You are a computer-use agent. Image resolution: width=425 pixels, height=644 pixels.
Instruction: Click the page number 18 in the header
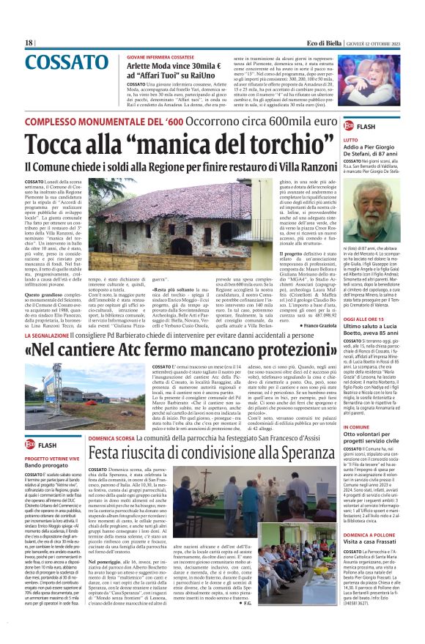coord(29,42)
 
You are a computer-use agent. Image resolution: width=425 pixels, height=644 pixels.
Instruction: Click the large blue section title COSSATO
coord(67,63)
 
